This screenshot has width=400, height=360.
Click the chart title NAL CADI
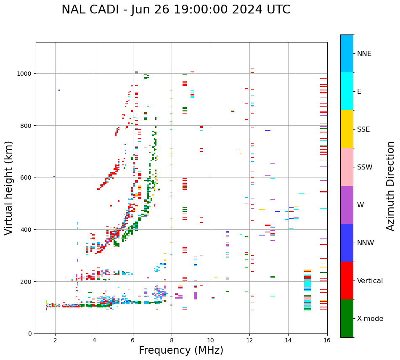[176, 10]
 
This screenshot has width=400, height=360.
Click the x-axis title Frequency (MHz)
[181, 350]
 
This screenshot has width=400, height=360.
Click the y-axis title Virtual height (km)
[9, 188]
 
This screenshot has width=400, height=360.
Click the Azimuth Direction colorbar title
[391, 186]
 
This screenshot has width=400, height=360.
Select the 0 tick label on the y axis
[30, 334]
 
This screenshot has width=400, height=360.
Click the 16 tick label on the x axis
[327, 341]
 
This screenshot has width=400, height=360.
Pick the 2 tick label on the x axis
[55, 341]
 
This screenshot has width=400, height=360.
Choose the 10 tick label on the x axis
[210, 341]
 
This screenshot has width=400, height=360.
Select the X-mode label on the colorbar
[370, 319]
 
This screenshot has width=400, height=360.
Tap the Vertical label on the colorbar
[370, 281]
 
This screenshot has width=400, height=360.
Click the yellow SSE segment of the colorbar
[347, 129]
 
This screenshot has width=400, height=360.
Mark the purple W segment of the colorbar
[347, 205]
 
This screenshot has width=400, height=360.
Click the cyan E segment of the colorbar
[347, 91]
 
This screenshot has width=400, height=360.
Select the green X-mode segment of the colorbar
[347, 318]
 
